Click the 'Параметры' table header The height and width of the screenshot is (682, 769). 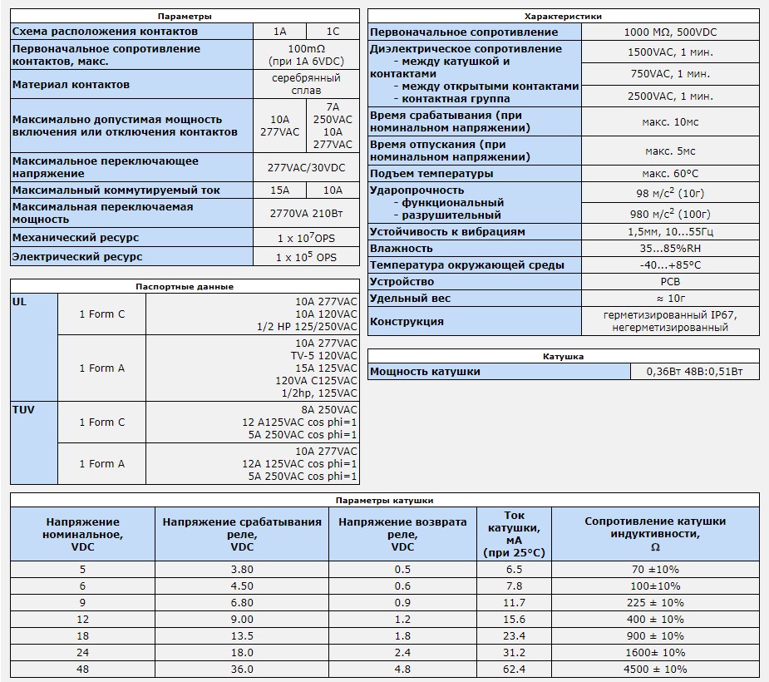point(185,16)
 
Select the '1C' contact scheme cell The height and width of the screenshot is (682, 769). point(333,32)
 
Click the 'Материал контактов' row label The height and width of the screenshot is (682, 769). point(71,84)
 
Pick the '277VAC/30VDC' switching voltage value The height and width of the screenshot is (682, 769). point(306,167)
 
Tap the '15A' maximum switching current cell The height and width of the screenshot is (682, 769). point(279,190)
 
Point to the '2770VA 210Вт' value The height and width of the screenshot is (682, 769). point(306,213)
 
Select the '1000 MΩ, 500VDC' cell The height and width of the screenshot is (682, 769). point(670,32)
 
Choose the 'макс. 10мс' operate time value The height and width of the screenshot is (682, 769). point(670,122)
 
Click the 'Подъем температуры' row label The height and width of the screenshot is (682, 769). point(431,174)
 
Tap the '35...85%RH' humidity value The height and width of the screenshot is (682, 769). point(670,248)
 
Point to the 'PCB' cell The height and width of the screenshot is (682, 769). point(670,281)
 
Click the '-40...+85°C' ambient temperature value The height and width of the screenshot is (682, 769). point(670,264)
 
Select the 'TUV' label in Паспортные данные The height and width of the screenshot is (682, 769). point(23,409)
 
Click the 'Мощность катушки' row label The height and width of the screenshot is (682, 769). point(425,372)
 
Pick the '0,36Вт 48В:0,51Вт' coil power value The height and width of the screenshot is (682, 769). point(694,372)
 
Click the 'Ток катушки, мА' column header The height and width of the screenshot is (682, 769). point(514,534)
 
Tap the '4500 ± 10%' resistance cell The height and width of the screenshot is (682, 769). point(654,669)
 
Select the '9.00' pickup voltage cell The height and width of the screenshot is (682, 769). point(241,619)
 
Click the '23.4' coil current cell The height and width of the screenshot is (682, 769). point(514,635)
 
